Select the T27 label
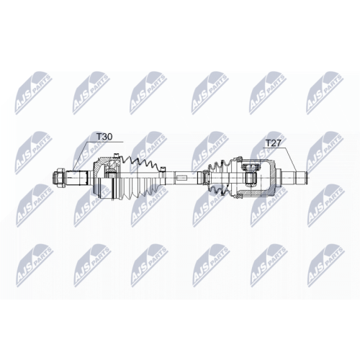pos(273,143)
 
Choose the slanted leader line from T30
pos(86,153)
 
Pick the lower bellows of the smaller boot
pos(219,186)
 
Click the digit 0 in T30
pos(110,135)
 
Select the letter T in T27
pos(266,143)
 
